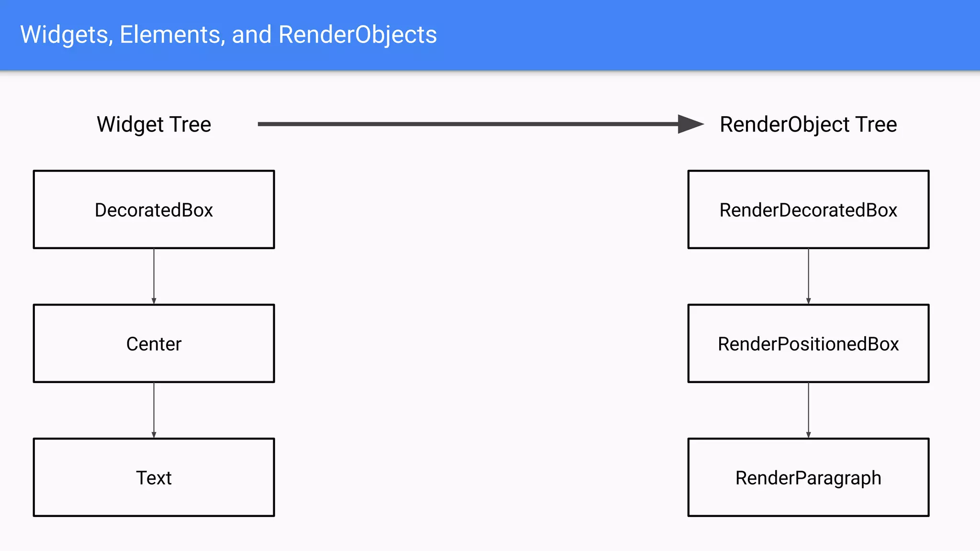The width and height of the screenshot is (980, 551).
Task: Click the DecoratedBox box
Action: pos(154,209)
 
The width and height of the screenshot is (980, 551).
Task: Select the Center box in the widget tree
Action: pos(154,343)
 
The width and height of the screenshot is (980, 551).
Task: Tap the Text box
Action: pos(154,477)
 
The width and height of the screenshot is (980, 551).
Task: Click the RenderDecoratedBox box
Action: pos(808,209)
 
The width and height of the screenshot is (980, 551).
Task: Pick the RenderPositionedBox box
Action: pos(808,343)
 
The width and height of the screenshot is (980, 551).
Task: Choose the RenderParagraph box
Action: pos(808,477)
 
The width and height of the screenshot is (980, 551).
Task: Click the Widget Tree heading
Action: pos(154,124)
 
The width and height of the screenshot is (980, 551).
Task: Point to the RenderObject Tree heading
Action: pos(808,124)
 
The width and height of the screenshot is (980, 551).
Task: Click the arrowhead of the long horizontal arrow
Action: pos(690,124)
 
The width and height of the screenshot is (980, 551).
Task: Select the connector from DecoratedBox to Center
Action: pos(154,276)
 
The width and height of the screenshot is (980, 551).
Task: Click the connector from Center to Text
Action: pos(154,410)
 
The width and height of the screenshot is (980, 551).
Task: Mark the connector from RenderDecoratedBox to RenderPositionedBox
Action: pos(808,276)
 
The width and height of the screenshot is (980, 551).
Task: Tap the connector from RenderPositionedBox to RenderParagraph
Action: pos(808,410)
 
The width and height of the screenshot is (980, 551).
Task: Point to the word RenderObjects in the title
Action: pos(357,35)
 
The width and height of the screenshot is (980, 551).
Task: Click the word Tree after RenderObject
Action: pos(876,124)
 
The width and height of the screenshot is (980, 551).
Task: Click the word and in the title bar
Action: pos(252,35)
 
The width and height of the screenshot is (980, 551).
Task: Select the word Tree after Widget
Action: pos(190,124)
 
